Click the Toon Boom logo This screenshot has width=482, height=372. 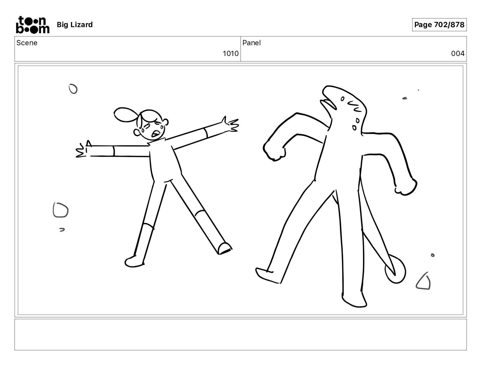click(x=33, y=25)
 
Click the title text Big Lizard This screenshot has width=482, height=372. click(x=75, y=25)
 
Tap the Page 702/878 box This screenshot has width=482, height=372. click(x=439, y=25)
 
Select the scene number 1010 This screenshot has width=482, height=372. click(x=230, y=54)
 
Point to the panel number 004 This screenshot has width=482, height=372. click(x=457, y=54)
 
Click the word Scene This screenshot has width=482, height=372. click(x=27, y=43)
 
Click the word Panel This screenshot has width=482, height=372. click(x=251, y=43)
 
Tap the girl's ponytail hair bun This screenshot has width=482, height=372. click(x=125, y=115)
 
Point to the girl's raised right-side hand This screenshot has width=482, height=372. click(x=231, y=125)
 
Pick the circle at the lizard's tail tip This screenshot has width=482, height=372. click(x=395, y=269)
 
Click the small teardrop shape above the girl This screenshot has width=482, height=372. click(x=73, y=89)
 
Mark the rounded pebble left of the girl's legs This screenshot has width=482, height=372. click(x=60, y=210)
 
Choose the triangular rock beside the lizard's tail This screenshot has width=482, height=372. click(x=424, y=282)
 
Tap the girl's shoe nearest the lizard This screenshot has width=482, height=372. click(x=225, y=248)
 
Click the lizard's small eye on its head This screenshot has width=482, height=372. click(x=342, y=99)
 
